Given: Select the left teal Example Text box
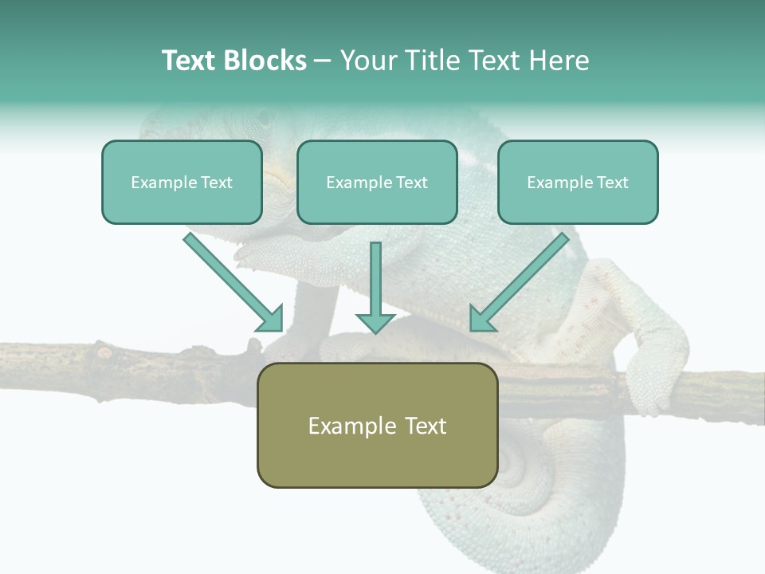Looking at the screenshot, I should (182, 183).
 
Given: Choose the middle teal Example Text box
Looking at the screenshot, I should (377, 183).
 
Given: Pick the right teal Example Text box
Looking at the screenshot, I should (578, 183).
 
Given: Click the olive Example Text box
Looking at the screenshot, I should (377, 425).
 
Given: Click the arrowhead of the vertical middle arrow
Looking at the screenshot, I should (375, 322).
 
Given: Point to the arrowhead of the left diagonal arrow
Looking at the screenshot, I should (270, 318).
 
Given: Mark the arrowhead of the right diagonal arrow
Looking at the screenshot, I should (481, 318).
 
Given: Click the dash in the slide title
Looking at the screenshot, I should (323, 61).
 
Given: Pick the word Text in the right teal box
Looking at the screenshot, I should (612, 183).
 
